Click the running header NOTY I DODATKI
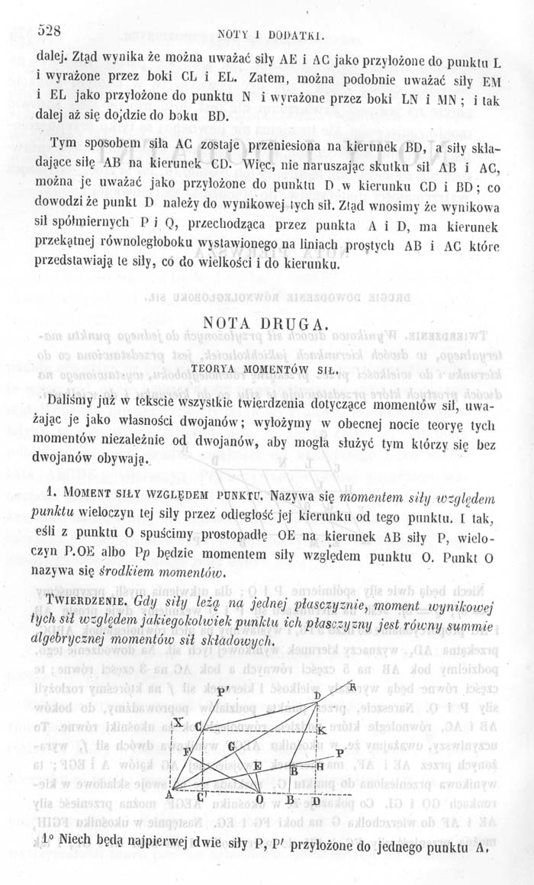(281, 34)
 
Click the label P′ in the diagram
(224, 671)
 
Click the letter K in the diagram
(321, 732)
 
